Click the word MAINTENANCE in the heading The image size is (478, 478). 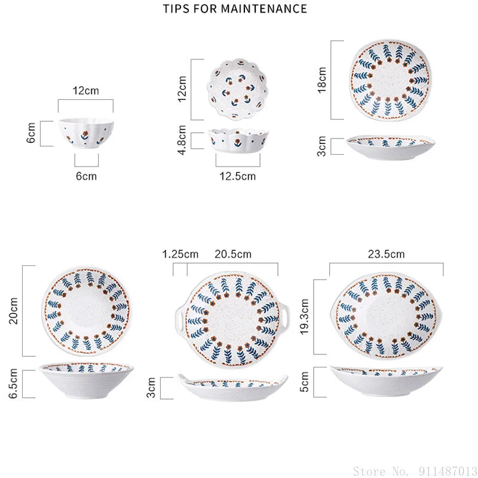(263, 8)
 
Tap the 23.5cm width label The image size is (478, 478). (386, 254)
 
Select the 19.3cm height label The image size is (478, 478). (305, 317)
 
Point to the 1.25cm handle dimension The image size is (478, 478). (180, 254)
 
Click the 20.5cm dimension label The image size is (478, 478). (233, 254)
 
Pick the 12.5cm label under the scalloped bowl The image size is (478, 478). (237, 176)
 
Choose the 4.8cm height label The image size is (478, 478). (182, 140)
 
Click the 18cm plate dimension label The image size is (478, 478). (322, 80)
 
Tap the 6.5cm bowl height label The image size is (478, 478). (13, 383)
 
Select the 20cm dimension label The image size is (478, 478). (13, 311)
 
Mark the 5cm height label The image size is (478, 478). (304, 381)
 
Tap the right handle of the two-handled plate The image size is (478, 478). (285, 317)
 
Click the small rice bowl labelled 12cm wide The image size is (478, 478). (86, 133)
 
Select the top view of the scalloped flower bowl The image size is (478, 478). (237, 89)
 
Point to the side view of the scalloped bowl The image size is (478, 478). (238, 140)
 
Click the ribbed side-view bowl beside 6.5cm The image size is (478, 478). (86, 380)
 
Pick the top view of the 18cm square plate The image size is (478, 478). (390, 79)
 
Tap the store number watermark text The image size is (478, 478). (415, 471)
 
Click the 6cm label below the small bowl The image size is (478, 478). (86, 176)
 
